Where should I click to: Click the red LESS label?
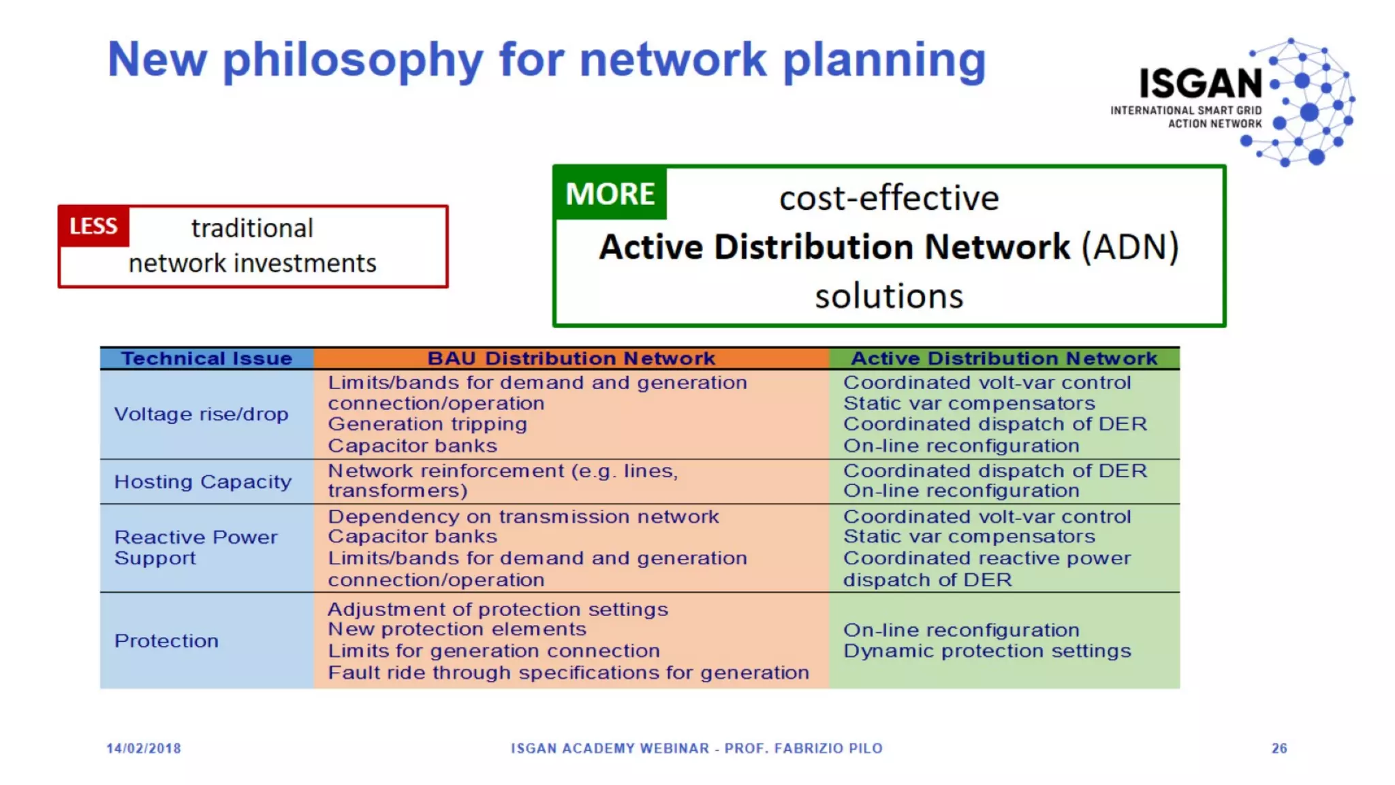click(93, 226)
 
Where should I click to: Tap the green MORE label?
click(610, 194)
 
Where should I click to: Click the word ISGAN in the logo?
click(1201, 84)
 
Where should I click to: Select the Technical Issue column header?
click(206, 358)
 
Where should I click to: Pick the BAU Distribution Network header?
click(571, 358)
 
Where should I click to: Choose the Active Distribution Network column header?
click(1004, 358)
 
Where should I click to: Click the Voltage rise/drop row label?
click(201, 414)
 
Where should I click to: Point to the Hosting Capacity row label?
click(203, 482)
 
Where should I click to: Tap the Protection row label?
click(166, 641)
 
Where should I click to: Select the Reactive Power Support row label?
click(195, 548)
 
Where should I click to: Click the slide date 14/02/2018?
click(144, 748)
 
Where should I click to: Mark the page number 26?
click(1279, 748)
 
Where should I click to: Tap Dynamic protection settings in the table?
click(987, 651)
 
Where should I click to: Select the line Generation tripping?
click(427, 425)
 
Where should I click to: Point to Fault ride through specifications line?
click(568, 673)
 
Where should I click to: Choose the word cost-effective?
click(889, 198)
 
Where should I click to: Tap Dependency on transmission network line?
click(523, 517)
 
